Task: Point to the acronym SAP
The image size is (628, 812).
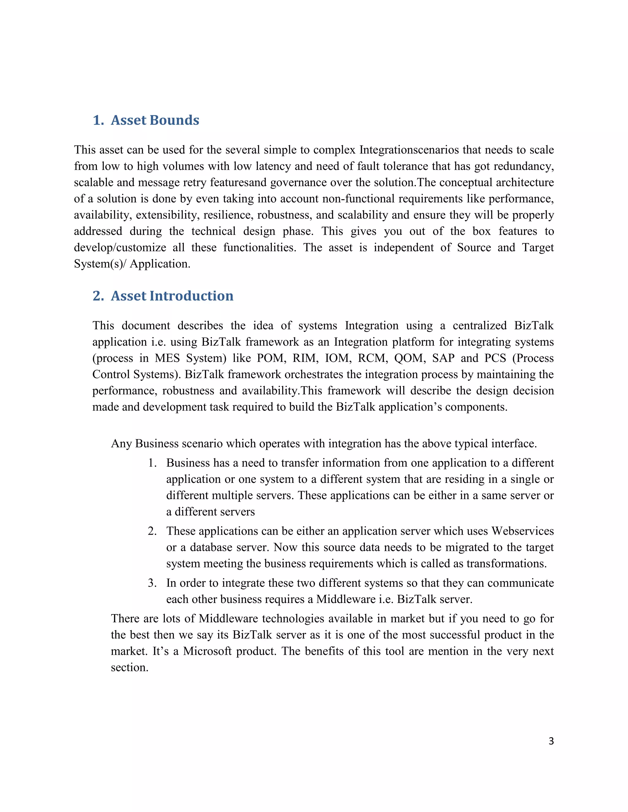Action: (x=443, y=358)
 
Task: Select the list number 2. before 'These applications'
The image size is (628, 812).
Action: (x=152, y=531)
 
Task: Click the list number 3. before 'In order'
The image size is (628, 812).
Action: (x=152, y=583)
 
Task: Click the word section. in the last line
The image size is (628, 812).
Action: (x=129, y=667)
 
